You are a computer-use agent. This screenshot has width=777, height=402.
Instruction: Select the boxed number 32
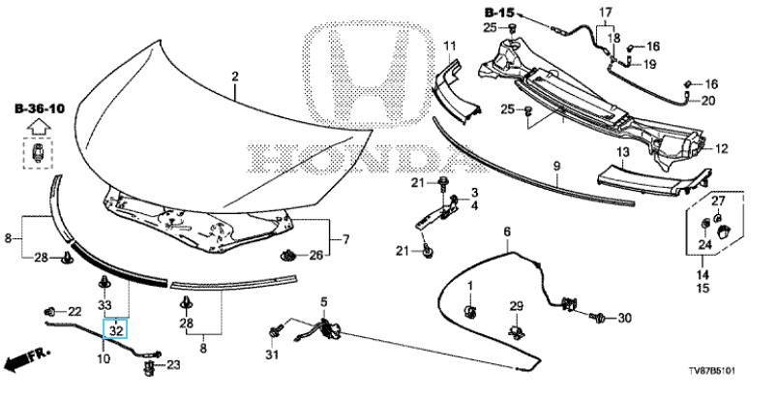115,330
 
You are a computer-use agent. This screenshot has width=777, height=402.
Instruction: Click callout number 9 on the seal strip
557,168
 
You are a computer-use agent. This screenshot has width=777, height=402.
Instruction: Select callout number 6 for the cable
505,230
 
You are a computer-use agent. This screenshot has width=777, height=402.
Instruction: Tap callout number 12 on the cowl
721,148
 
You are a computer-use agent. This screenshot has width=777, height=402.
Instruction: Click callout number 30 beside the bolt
623,318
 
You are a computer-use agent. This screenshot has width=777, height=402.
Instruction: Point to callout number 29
516,306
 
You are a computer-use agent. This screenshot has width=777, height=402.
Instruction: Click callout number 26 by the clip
315,255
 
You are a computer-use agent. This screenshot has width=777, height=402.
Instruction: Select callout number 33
105,303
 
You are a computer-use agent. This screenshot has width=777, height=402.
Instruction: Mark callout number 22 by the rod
75,311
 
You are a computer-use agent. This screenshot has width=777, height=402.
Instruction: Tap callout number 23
174,364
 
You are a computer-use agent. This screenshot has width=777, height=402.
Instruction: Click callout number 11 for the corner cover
449,46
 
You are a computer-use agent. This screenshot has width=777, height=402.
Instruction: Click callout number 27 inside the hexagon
718,200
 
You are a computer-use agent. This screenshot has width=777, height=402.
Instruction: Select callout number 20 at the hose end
707,100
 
